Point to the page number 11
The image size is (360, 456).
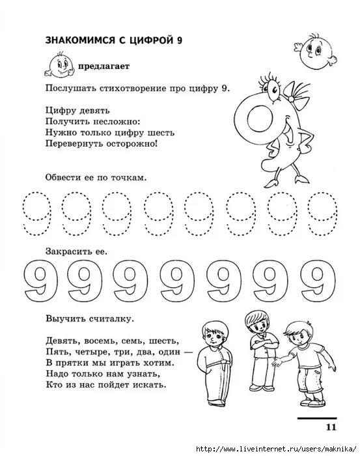(x=329, y=427)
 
